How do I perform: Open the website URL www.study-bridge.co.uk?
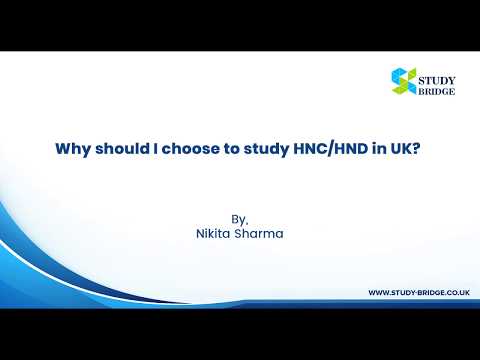click(x=420, y=292)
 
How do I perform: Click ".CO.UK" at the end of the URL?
click(x=456, y=292)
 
